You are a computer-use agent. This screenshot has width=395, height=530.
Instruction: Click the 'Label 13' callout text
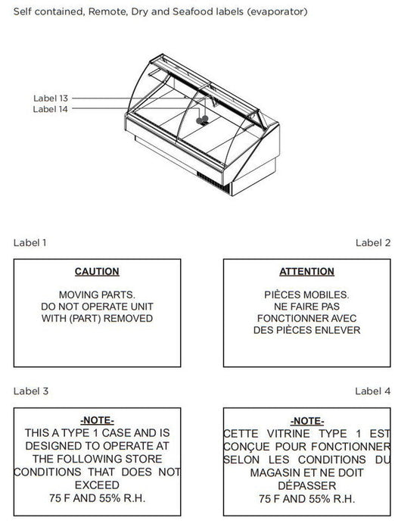(x=51, y=98)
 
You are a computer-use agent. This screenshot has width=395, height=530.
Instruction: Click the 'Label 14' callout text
(x=51, y=109)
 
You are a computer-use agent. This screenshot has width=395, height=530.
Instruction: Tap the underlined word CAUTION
(x=97, y=271)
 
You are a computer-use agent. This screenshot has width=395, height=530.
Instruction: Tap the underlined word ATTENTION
(x=306, y=271)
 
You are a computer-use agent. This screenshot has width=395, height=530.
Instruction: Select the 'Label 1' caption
(x=30, y=243)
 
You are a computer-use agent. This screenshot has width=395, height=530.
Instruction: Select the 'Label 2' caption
(x=373, y=243)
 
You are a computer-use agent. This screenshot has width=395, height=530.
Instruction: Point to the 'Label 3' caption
(x=31, y=391)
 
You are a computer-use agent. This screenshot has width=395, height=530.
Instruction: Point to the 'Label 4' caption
(x=373, y=391)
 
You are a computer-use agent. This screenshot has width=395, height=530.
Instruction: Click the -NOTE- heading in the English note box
(x=97, y=420)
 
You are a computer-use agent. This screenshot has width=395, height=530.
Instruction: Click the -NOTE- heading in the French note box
(x=306, y=421)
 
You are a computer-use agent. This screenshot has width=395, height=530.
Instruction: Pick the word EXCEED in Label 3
(x=97, y=485)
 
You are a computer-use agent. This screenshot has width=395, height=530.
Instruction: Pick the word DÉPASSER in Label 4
(x=306, y=485)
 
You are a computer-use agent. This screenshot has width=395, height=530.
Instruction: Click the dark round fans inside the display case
(x=202, y=120)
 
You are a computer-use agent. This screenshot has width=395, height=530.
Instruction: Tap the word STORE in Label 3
(x=144, y=459)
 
